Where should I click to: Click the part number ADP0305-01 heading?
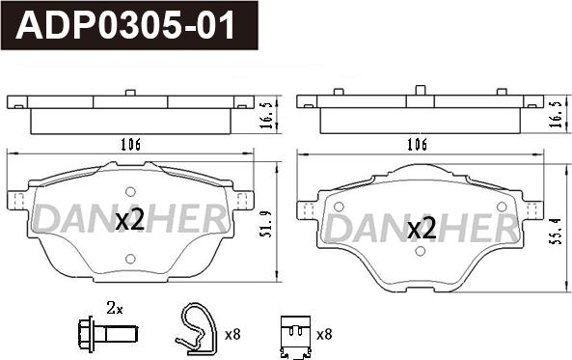coord(125,25)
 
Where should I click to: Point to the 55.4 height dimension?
coord(558,232)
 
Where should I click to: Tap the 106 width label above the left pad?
coord(130,145)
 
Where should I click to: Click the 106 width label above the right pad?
coord(417,145)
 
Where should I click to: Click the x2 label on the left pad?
coord(130,219)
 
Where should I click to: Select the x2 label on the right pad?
coord(422,228)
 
